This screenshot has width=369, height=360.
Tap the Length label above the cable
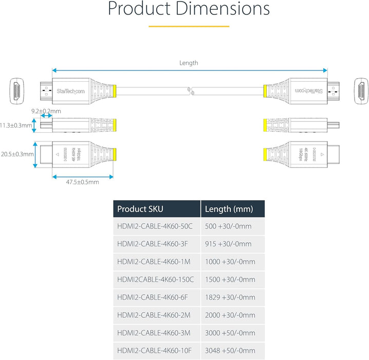tap(189, 63)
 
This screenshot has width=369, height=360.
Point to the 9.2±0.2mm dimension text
tap(46, 111)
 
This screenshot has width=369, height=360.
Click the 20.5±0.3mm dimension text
tap(17, 154)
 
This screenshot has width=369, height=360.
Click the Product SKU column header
tap(140, 209)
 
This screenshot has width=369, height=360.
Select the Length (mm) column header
tap(228, 209)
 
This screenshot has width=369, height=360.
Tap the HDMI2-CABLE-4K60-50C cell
tap(155, 226)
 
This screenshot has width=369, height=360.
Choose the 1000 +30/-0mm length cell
tap(230, 262)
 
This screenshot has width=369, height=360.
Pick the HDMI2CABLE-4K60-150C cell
tap(156, 279)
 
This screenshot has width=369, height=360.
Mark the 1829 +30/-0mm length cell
tap(230, 297)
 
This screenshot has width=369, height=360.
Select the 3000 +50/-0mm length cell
tap(230, 333)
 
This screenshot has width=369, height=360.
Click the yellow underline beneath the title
tap(189, 25)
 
